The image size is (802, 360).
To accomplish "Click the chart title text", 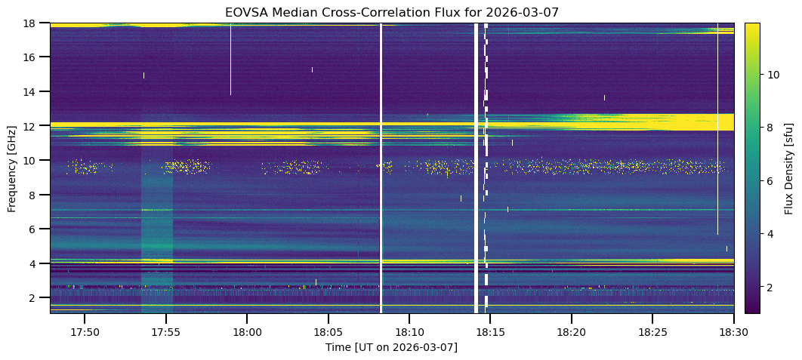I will tap(392, 12).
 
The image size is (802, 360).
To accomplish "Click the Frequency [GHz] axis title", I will tap(12, 168).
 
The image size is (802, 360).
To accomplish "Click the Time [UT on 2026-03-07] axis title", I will tap(392, 347).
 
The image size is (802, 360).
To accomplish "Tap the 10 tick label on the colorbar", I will tap(773, 75).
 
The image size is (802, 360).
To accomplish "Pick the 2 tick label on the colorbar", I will tap(770, 288).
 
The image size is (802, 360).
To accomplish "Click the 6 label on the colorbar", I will tap(770, 181).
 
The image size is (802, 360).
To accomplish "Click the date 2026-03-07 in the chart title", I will tap(529, 12).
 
